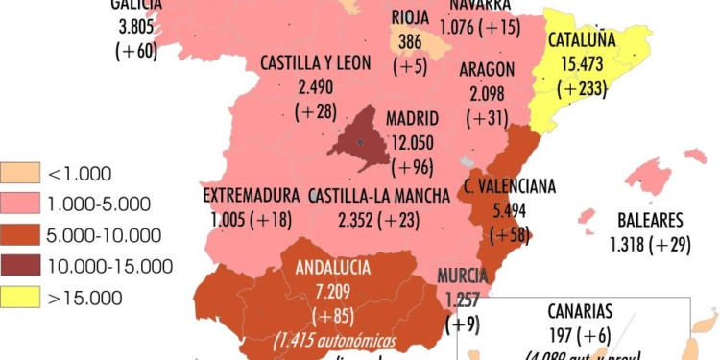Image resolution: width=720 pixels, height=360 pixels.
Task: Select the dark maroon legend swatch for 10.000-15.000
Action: [x=20, y=266]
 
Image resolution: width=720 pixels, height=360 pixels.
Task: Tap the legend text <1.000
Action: [x=81, y=174]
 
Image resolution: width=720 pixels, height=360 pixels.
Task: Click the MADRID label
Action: [x=412, y=119]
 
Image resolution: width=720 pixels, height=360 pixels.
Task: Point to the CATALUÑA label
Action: [x=582, y=40]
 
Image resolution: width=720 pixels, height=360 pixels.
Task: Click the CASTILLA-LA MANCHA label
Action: [x=379, y=196]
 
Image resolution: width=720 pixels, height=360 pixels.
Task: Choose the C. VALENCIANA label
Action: [x=510, y=186]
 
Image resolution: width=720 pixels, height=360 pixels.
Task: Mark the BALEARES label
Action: [x=650, y=219]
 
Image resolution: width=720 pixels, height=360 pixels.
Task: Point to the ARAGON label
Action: [x=487, y=69]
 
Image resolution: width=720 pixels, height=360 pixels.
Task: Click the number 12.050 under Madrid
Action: [x=412, y=141]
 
